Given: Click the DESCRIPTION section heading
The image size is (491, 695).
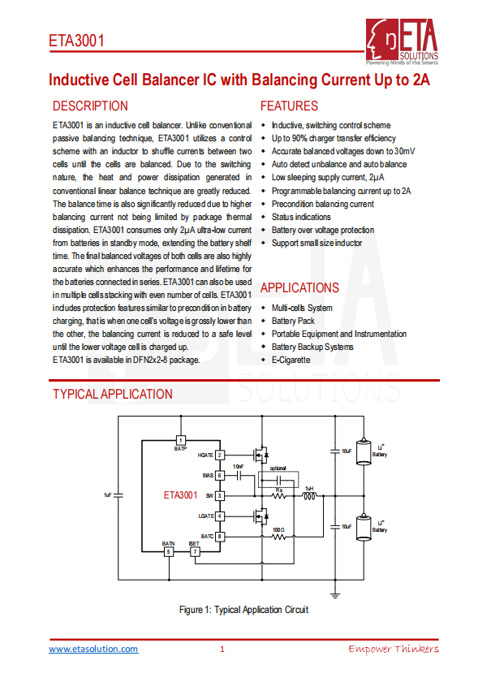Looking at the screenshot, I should [90, 106].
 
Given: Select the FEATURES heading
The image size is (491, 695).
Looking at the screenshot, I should [289, 106].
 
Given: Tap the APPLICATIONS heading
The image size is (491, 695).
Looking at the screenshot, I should [299, 288].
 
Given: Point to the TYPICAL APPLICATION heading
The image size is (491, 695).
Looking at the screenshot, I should [113, 395].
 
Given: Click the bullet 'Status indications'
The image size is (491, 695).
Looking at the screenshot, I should [300, 217].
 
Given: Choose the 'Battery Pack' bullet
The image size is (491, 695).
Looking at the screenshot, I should [293, 321].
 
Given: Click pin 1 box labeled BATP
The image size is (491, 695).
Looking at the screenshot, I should [180, 439].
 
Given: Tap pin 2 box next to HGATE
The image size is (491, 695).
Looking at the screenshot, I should [219, 455].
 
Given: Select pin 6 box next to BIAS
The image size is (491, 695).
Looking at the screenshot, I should [219, 475].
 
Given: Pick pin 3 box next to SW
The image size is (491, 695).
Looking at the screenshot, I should [219, 495].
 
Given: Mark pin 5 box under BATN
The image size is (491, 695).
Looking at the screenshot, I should [168, 552].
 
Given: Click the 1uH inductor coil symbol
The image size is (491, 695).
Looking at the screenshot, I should [309, 495].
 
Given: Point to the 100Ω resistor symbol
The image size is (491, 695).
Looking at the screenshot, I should [278, 537].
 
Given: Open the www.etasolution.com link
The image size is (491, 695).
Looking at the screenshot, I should [93, 649].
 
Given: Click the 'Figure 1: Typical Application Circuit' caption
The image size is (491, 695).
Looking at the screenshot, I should [243, 610].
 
